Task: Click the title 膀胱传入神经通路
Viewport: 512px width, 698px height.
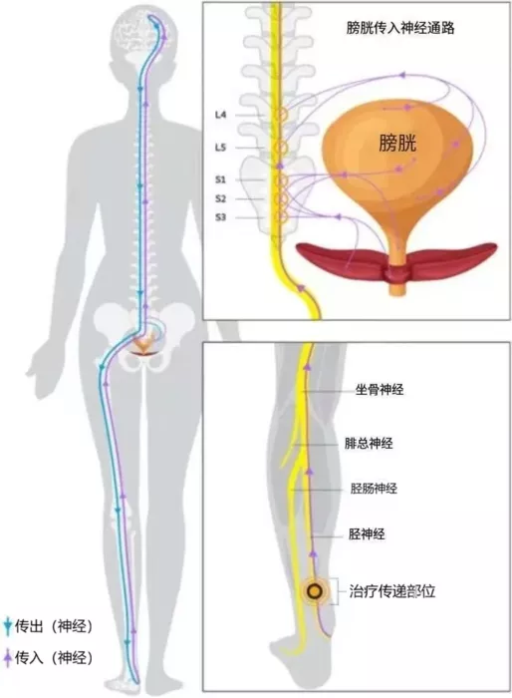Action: [x=400, y=29]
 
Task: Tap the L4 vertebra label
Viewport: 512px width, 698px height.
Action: [x=220, y=115]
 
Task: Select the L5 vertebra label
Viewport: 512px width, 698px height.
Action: [x=220, y=148]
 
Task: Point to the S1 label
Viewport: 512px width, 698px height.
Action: [x=220, y=179]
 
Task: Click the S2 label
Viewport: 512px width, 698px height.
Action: [x=220, y=198]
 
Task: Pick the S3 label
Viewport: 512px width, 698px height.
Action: [x=220, y=217]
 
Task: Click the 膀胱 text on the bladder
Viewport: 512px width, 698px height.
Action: [x=397, y=144]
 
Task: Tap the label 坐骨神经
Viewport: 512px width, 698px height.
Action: [x=380, y=390]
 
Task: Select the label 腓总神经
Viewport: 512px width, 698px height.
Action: [x=369, y=444]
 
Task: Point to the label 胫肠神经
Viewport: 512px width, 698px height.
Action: [x=374, y=489]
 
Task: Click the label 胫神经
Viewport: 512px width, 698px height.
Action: [x=367, y=534]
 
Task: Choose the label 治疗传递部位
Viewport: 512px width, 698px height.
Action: [x=391, y=591]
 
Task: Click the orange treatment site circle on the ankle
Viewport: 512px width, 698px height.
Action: [x=315, y=591]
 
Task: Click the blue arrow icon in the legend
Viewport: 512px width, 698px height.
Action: [x=7, y=626]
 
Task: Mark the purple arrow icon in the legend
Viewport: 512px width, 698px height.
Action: [x=7, y=657]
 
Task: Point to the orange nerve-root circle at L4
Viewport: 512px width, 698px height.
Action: [x=280, y=115]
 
